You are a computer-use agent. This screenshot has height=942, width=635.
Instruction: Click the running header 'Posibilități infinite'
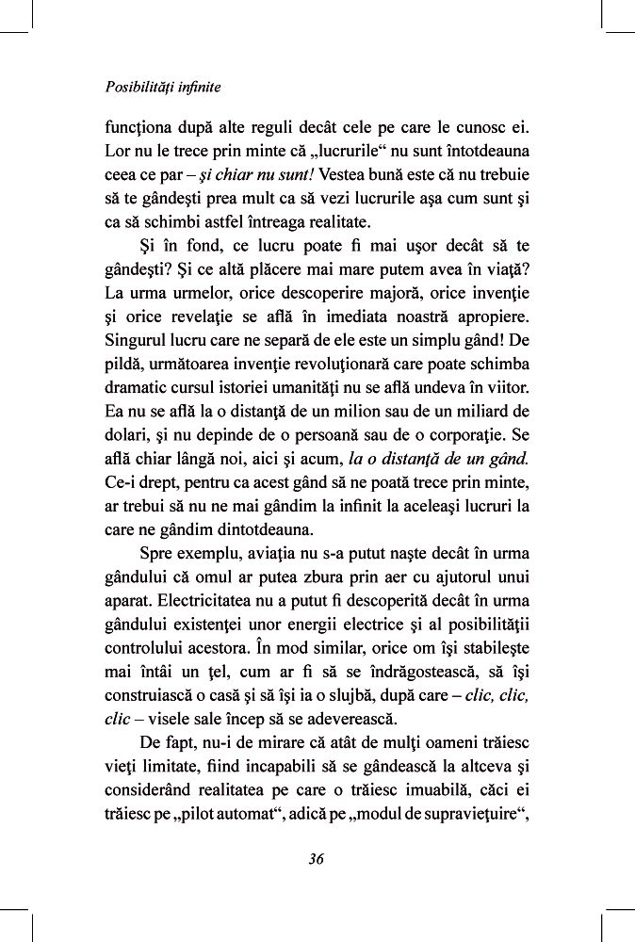[163, 87]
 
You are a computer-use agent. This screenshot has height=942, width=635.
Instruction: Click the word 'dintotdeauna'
[269, 531]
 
